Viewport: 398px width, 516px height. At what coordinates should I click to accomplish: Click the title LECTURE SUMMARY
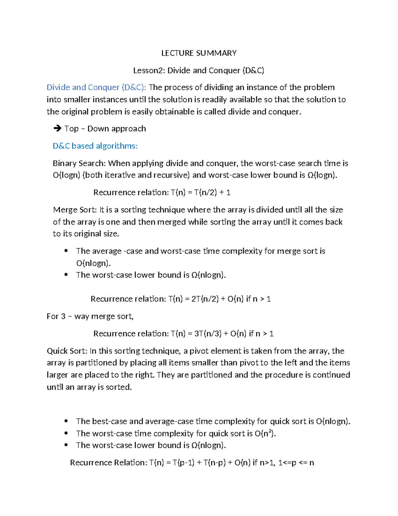pos(199,53)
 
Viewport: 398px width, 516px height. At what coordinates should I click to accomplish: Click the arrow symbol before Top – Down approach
pos(57,129)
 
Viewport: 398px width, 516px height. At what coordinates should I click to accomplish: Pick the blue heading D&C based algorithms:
pos(95,146)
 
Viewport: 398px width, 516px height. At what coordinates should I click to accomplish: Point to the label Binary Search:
pos(79,163)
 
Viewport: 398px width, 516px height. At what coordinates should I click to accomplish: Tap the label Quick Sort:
pos(67,351)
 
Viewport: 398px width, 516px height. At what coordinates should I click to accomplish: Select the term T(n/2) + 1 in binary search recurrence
pos(212,192)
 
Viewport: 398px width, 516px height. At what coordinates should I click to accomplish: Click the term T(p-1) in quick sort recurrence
pos(183,463)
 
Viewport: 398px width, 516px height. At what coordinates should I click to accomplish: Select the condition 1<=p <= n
pos(296,463)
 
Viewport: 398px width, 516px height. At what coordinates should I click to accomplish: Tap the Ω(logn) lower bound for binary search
pos(322,175)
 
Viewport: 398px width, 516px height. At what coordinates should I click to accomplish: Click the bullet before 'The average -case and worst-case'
pos(67,251)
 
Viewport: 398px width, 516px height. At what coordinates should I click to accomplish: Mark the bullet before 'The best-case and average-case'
pos(67,421)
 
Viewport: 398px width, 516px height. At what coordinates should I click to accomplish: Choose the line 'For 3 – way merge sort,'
pos(90,316)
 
